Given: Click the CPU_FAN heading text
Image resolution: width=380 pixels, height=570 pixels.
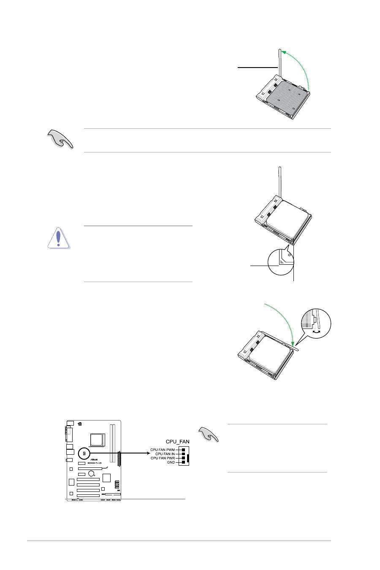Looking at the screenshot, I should [x=177, y=442].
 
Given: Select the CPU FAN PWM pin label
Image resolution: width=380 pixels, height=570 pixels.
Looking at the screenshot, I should [x=163, y=450].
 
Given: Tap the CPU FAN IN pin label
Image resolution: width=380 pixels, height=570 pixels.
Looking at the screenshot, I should [x=164, y=454].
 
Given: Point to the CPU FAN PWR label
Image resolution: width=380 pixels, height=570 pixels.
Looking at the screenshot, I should [x=163, y=458].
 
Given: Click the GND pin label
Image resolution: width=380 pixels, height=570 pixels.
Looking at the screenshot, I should [x=171, y=462].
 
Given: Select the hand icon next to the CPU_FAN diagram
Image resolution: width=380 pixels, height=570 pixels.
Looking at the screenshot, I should [x=208, y=435].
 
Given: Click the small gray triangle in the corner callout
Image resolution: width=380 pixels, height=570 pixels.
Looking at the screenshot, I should [x=283, y=258].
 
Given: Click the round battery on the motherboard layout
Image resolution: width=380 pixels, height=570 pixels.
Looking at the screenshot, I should [x=91, y=474].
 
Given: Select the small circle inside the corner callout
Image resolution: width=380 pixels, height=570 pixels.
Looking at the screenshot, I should [x=290, y=255].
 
